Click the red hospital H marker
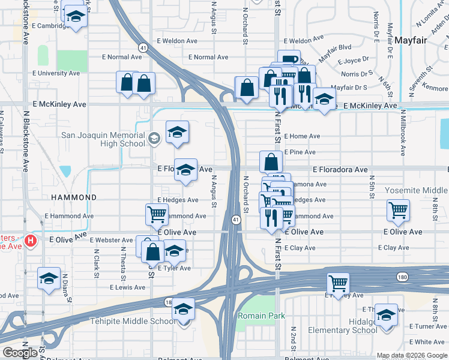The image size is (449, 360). (x=31, y=242)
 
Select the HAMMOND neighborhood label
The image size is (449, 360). (x=74, y=197)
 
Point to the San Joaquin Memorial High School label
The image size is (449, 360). (x=103, y=139)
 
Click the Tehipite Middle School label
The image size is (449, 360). (x=133, y=321)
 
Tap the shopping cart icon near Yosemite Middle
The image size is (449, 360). (x=398, y=210)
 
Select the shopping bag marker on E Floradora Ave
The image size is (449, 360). (x=271, y=161)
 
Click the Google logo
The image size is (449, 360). (x=20, y=353)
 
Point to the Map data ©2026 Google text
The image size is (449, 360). (x=411, y=355)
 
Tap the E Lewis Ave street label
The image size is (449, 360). (x=128, y=287)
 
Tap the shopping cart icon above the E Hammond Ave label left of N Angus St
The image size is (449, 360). (x=157, y=213)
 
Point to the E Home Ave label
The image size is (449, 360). (x=303, y=136)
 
